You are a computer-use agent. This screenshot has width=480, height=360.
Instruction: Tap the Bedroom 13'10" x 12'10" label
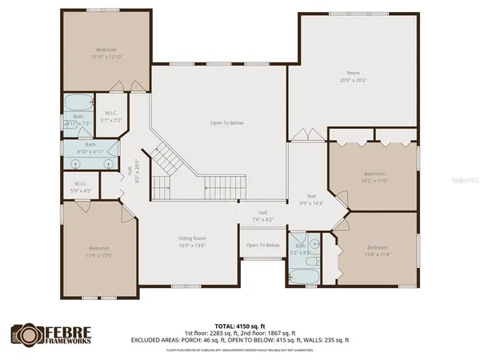pos(106,53)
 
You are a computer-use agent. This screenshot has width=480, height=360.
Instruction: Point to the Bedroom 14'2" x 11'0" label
pos(374,177)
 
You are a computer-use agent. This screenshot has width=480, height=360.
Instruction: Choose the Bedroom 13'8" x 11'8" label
pos(378,250)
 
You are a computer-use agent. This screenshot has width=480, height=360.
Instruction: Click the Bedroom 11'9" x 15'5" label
pos(99,251)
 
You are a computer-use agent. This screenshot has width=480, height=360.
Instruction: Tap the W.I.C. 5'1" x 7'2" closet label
pos(111,117)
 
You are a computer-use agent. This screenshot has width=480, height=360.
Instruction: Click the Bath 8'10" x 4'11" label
pos(90,147)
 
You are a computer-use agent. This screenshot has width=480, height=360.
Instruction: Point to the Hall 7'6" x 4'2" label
pos(262,217)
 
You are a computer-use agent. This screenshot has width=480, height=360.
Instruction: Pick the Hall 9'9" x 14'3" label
pos(312,200)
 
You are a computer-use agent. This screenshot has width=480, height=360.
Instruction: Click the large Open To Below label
pos(226,122)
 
